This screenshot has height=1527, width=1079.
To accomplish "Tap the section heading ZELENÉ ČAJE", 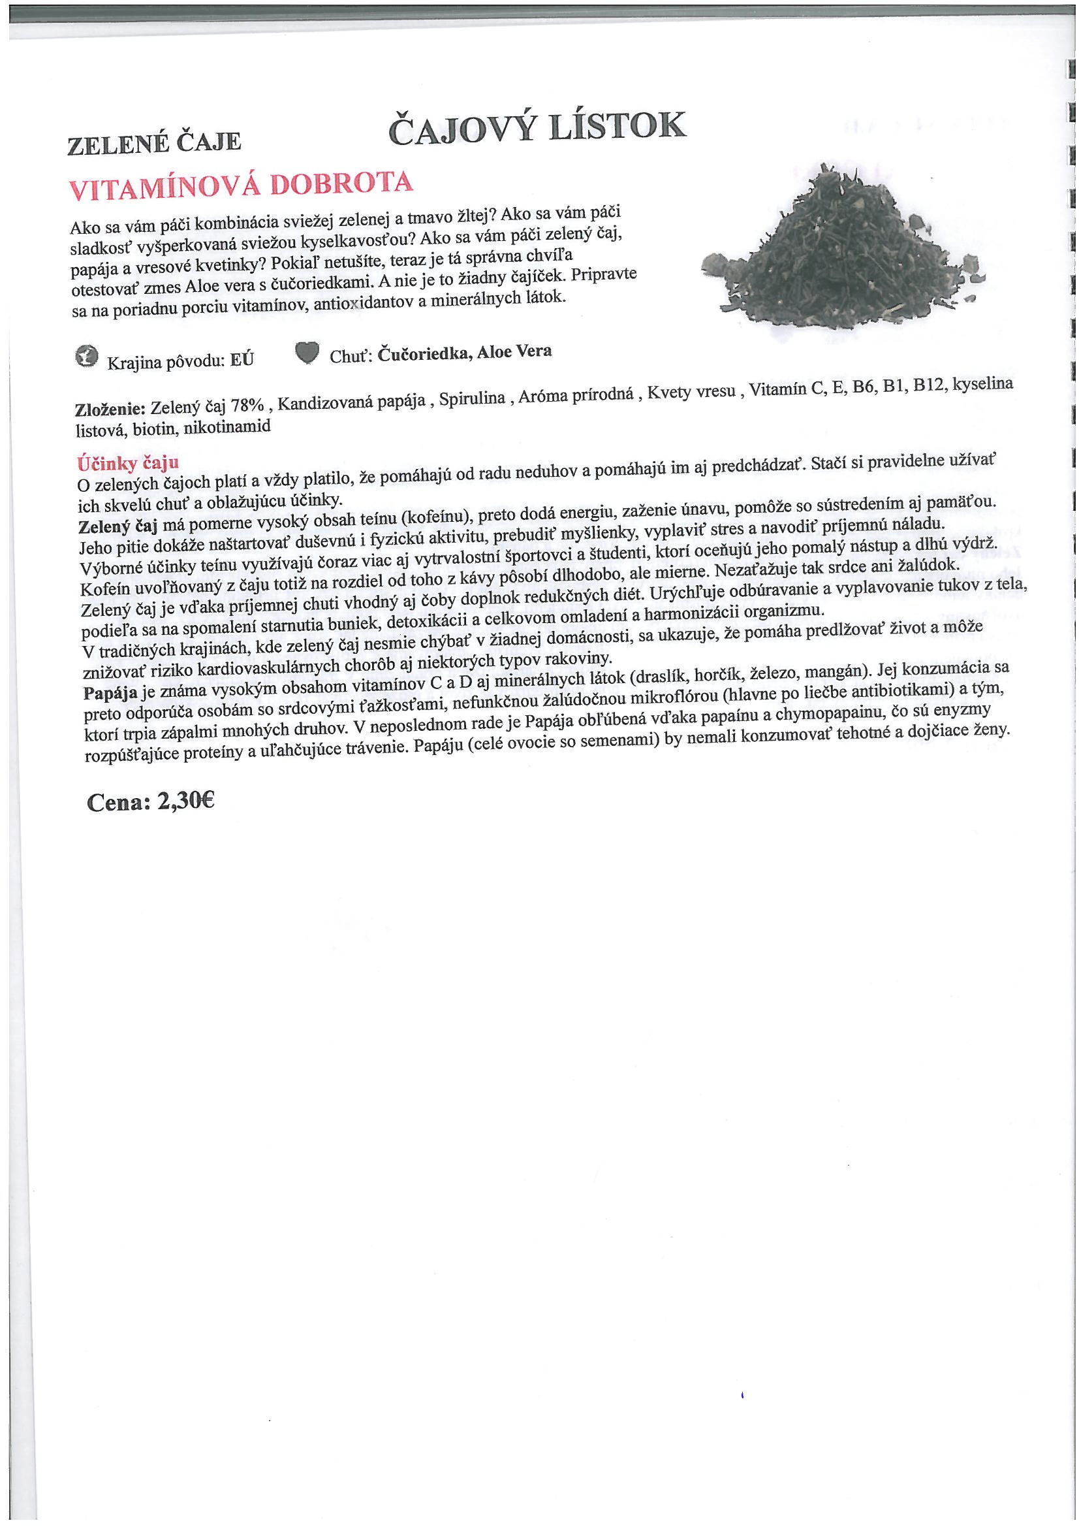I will click(153, 142).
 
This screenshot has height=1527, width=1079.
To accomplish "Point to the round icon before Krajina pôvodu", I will click(86, 357).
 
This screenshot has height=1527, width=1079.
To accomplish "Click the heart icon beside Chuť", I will click(307, 353).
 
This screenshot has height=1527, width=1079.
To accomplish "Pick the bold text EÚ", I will click(242, 360).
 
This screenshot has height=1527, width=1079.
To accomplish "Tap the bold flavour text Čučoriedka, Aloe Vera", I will click(464, 353).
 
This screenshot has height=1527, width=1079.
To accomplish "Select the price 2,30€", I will click(185, 801).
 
